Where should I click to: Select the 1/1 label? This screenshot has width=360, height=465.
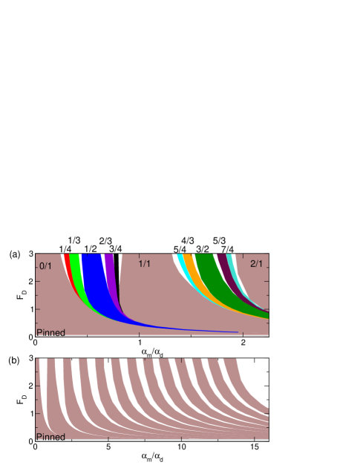145,264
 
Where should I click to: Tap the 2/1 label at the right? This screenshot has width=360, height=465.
256,264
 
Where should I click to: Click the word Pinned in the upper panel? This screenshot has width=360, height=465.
50,333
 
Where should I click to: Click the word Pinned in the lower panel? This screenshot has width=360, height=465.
50,438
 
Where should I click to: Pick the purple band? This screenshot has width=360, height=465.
109,263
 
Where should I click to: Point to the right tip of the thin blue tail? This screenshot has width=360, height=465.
237,332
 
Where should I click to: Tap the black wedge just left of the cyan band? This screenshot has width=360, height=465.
175,260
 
